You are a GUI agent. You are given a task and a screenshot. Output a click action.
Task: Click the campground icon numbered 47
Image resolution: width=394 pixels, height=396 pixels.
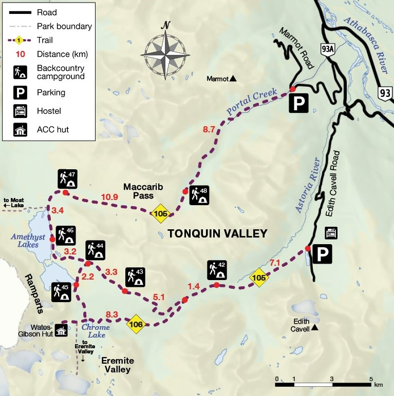click(x=67, y=179)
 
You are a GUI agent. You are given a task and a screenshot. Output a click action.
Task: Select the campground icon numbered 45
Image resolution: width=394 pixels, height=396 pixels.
click(x=61, y=291)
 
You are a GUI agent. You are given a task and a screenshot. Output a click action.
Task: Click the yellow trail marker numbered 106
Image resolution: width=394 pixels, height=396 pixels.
click(x=136, y=324)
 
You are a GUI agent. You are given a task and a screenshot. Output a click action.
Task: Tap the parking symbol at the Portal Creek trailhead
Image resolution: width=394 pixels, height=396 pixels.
click(x=298, y=104)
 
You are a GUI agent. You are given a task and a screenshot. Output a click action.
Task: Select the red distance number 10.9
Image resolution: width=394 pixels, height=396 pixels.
click(x=110, y=197)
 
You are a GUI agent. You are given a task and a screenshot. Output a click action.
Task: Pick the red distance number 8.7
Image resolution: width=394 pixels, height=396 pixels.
click(x=209, y=130)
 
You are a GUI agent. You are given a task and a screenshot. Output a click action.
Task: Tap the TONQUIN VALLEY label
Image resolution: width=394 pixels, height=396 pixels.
click(x=217, y=234)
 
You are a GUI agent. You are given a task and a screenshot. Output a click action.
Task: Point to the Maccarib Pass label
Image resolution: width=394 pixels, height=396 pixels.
click(x=143, y=192)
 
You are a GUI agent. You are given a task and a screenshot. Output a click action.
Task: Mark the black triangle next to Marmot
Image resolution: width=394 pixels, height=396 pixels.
click(x=233, y=78)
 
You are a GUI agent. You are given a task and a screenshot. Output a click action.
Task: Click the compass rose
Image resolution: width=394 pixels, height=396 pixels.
click(x=165, y=51)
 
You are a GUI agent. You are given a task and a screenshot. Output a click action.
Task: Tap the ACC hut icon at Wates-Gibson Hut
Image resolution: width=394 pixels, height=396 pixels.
click(x=61, y=331)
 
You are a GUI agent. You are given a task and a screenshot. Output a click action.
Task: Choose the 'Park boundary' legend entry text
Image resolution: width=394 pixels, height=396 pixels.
click(x=64, y=26)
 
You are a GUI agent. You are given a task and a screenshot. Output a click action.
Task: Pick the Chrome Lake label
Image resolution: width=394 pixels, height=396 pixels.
click(x=96, y=331)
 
